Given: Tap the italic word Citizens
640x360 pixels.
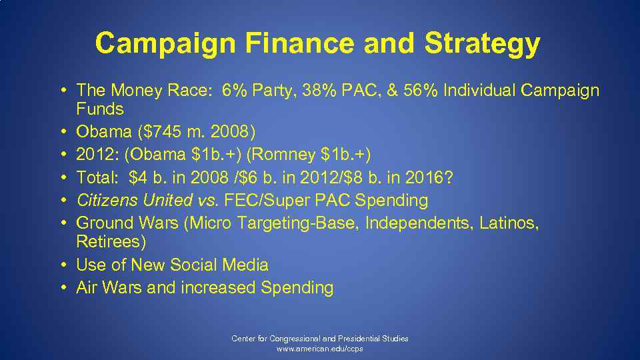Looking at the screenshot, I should (x=107, y=200).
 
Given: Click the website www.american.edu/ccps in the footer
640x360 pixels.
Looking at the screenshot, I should (x=320, y=349).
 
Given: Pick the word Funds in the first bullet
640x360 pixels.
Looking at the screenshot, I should (x=100, y=108).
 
